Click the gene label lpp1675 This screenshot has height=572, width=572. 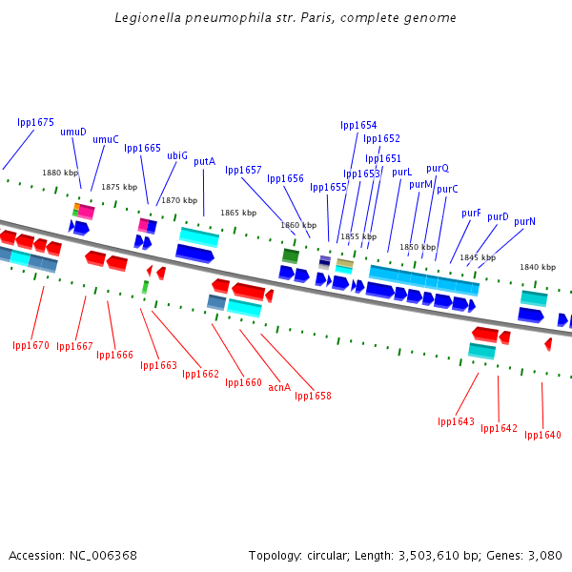35,123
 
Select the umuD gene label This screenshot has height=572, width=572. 73,133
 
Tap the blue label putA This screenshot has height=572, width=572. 204,162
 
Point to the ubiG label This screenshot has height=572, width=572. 177,155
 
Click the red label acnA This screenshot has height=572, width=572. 279,388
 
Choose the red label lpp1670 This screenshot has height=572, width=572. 31,345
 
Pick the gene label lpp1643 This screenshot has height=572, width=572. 456,421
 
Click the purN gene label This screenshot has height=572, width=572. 524,221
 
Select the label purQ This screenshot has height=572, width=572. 438,168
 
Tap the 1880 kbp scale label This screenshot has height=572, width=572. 59,173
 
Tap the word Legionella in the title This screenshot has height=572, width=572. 145,18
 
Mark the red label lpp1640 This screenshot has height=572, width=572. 542,435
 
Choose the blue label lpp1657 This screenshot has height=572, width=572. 243,171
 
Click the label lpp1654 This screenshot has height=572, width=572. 358,125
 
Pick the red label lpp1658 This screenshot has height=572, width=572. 313,396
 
